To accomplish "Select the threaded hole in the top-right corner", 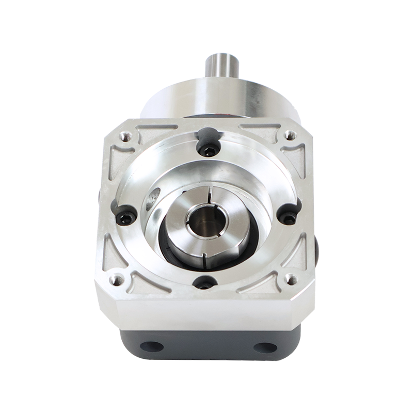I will click(288, 137).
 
